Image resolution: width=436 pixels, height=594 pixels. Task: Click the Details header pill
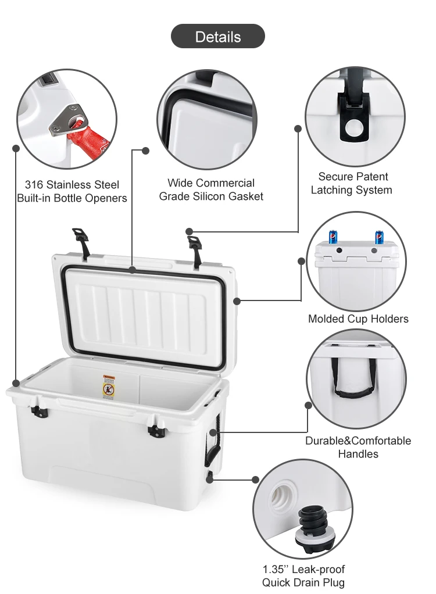click(x=217, y=36)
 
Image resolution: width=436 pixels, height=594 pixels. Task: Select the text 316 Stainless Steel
click(x=72, y=185)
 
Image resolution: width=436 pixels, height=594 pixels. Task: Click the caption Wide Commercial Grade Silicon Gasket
click(x=211, y=190)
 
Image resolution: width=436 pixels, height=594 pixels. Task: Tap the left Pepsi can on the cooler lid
click(x=333, y=237)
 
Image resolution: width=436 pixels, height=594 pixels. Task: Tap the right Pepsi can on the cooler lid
click(x=379, y=237)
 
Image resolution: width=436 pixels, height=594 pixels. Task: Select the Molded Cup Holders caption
click(x=358, y=319)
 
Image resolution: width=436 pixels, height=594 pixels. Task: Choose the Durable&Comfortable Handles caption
click(x=358, y=447)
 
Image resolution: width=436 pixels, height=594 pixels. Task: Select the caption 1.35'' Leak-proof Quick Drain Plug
click(x=303, y=576)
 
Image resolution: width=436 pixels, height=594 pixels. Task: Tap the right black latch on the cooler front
click(x=156, y=430)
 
